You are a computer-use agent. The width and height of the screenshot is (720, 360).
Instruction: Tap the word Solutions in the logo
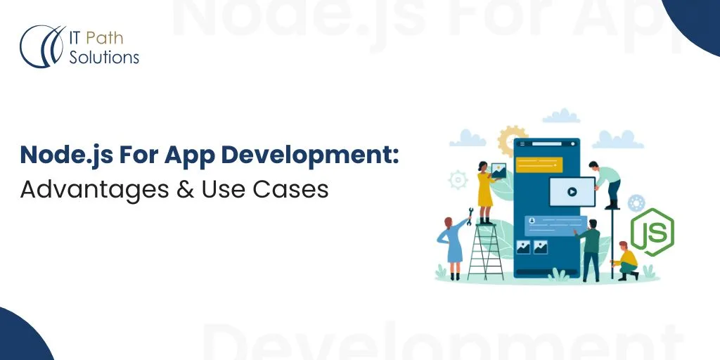point(104,57)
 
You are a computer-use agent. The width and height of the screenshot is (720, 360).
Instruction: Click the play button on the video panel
point(572,191)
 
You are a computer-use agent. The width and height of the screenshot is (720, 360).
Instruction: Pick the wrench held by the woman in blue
point(469,212)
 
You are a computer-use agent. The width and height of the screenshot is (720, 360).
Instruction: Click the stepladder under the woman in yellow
point(486,249)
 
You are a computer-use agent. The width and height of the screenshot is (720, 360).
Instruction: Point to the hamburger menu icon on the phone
point(523,146)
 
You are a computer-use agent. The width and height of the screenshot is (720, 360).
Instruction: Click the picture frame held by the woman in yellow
point(499,171)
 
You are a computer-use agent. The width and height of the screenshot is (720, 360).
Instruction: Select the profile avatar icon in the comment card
point(532,220)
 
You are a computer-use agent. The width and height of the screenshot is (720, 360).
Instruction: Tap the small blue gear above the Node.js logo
point(637,203)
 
